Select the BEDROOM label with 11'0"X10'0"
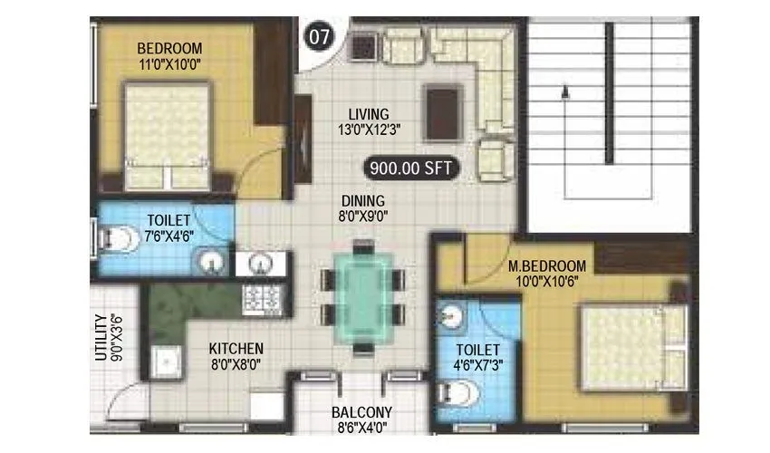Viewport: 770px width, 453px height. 169,55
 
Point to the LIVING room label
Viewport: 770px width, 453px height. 370,121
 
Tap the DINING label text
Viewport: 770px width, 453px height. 363,207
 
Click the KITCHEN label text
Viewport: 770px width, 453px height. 236,355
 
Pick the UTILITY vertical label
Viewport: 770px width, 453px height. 106,337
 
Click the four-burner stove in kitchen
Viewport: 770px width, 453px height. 263,296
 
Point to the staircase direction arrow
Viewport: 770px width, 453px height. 564,91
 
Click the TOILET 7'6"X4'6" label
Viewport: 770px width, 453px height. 169,226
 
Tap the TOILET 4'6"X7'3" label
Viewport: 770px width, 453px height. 478,356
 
